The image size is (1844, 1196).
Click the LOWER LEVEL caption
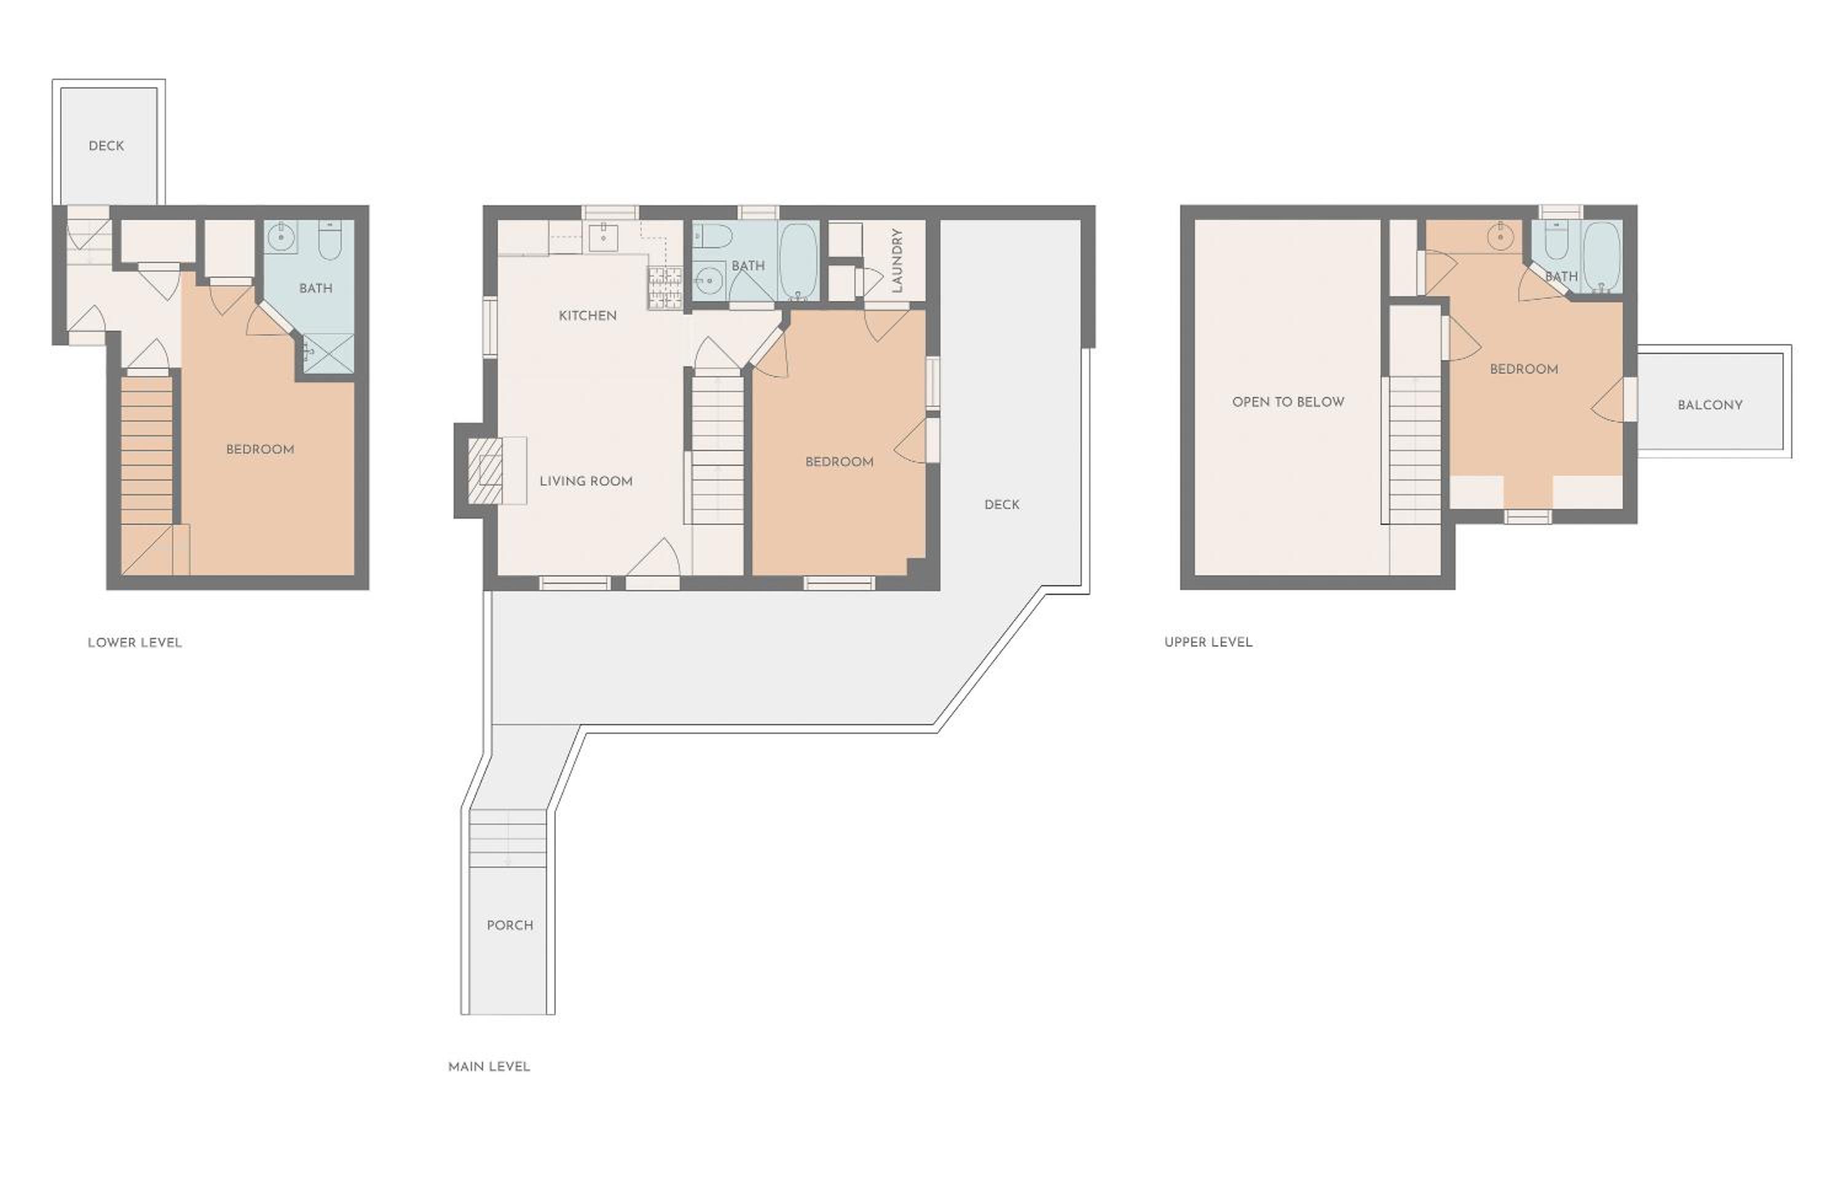(135, 642)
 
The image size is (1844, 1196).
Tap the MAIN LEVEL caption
(489, 1067)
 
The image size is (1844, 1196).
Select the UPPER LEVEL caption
(1208, 642)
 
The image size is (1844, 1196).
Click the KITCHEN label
(587, 315)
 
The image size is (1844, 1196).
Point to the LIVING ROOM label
(586, 481)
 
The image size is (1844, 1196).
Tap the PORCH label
(510, 926)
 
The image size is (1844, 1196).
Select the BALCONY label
(1710, 405)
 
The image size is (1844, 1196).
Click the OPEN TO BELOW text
(1288, 402)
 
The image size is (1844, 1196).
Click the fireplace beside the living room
(485, 470)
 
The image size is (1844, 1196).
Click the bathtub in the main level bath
(798, 261)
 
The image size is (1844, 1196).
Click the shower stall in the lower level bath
(328, 354)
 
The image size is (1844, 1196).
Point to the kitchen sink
(604, 238)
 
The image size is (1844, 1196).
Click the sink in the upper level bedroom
(1500, 236)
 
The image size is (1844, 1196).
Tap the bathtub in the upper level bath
(1601, 257)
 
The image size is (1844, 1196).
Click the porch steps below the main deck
(508, 839)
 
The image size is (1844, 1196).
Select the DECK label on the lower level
(106, 146)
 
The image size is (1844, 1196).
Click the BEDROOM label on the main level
(839, 462)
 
